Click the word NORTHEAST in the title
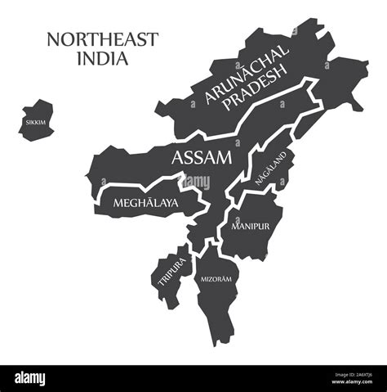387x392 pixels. (x=102, y=39)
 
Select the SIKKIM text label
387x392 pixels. (x=35, y=122)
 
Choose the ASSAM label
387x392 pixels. (x=200, y=157)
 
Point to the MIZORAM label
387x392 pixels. (x=216, y=280)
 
